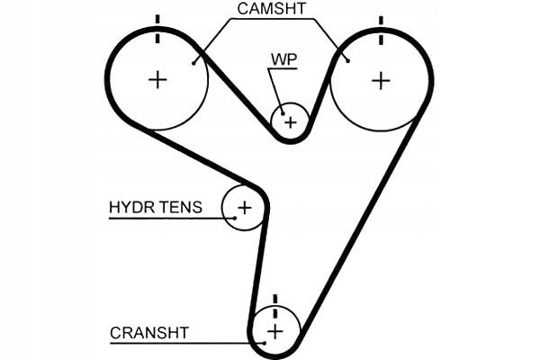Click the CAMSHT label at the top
(271, 9)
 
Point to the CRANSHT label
(149, 332)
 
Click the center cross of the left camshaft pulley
(158, 79)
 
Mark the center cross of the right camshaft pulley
(381, 79)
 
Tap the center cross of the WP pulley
(290, 120)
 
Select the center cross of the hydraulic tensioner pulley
(244, 209)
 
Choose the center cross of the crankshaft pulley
(274, 332)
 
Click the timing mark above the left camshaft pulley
(158, 28)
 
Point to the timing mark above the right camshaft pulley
(381, 28)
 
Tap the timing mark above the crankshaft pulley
(274, 302)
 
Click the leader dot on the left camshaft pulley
(194, 62)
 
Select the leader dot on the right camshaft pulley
(347, 60)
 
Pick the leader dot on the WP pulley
(281, 112)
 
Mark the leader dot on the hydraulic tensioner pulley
(233, 218)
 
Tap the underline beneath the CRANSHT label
(180, 343)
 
